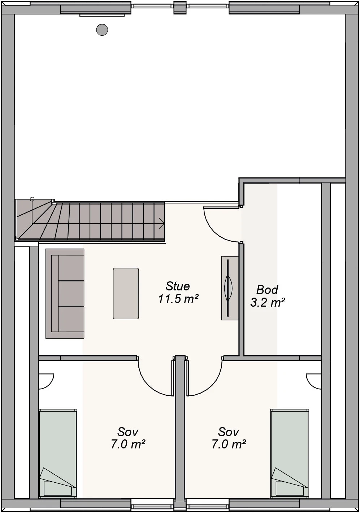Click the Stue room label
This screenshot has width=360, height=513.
(x=178, y=286)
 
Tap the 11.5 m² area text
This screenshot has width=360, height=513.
(x=178, y=299)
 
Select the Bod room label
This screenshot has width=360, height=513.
(x=267, y=290)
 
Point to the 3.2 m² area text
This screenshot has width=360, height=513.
(x=268, y=302)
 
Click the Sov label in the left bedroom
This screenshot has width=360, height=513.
(x=128, y=432)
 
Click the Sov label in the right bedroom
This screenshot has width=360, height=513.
(x=229, y=432)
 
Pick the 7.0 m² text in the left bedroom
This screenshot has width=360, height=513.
(x=128, y=444)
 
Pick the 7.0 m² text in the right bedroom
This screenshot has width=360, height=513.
(x=229, y=444)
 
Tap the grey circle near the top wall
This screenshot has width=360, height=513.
(x=102, y=30)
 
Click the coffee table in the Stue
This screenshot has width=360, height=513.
(x=126, y=293)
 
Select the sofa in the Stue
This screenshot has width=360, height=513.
(x=65, y=293)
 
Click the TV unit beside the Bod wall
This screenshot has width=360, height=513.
(x=230, y=288)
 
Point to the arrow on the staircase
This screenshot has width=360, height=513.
(x=161, y=223)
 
